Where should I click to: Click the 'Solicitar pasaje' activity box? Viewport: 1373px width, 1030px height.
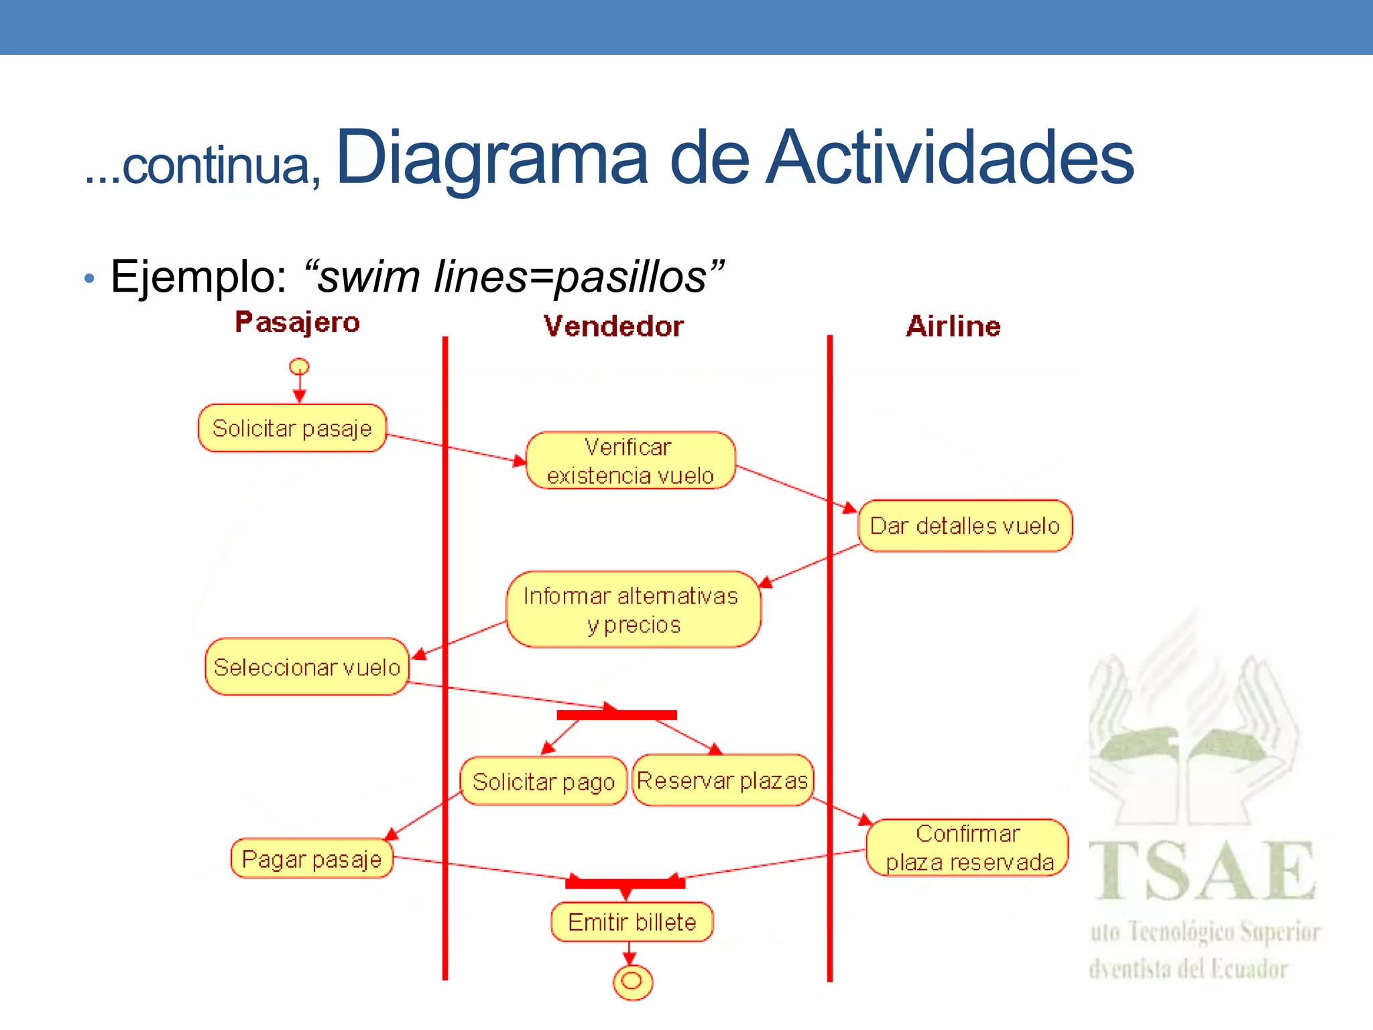(292, 428)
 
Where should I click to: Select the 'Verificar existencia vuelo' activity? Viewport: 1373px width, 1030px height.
(630, 461)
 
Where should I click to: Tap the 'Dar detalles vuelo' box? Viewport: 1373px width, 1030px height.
(965, 526)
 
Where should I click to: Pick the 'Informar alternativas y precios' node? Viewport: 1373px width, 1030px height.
(633, 610)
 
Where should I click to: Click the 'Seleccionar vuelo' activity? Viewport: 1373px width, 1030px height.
(307, 667)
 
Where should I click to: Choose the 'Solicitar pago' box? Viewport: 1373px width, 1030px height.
(543, 781)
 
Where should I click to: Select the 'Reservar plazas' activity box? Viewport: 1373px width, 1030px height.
(722, 781)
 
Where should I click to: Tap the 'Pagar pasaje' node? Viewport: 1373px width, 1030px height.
(312, 858)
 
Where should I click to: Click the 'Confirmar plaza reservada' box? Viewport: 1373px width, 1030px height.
(967, 848)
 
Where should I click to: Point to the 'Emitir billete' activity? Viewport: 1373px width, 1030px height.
(632, 922)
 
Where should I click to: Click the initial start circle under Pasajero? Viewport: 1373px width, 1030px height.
(299, 367)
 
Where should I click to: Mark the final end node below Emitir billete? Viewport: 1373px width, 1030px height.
(632, 982)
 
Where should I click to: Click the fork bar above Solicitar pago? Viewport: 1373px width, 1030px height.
(617, 715)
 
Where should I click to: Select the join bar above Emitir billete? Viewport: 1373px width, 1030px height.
(625, 883)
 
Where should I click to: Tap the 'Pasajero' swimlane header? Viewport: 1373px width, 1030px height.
(297, 323)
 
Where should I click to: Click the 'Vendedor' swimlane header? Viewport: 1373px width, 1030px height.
(613, 327)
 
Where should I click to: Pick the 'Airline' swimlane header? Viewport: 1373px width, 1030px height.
(953, 327)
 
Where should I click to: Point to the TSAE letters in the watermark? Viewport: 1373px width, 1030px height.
(1202, 871)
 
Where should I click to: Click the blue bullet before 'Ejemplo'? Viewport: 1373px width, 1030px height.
(90, 278)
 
